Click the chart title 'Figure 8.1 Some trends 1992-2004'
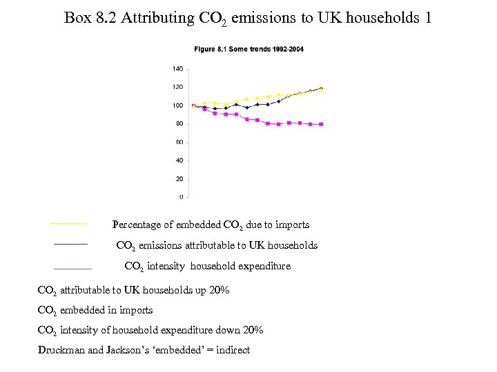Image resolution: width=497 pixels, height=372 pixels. [248, 49]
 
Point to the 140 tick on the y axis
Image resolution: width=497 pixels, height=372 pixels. [177, 69]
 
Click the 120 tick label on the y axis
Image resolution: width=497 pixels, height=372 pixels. [177, 87]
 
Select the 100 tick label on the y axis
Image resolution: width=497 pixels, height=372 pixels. [177, 105]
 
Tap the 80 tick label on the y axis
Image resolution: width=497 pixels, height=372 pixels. [179, 124]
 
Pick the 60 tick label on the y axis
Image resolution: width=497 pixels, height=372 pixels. [179, 142]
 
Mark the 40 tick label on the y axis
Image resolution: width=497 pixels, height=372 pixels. [179, 161]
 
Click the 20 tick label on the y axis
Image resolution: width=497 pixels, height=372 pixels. [179, 178]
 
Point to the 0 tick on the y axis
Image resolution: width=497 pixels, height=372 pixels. [182, 197]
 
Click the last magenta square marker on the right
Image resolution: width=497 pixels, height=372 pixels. [321, 124]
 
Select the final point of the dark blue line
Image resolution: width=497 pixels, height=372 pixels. [321, 88]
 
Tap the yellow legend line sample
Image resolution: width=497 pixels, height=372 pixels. [69, 224]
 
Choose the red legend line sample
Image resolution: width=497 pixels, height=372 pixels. [72, 268]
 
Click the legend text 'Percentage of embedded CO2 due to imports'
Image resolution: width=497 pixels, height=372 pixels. [211, 225]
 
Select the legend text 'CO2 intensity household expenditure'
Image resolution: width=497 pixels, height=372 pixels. [207, 267]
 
